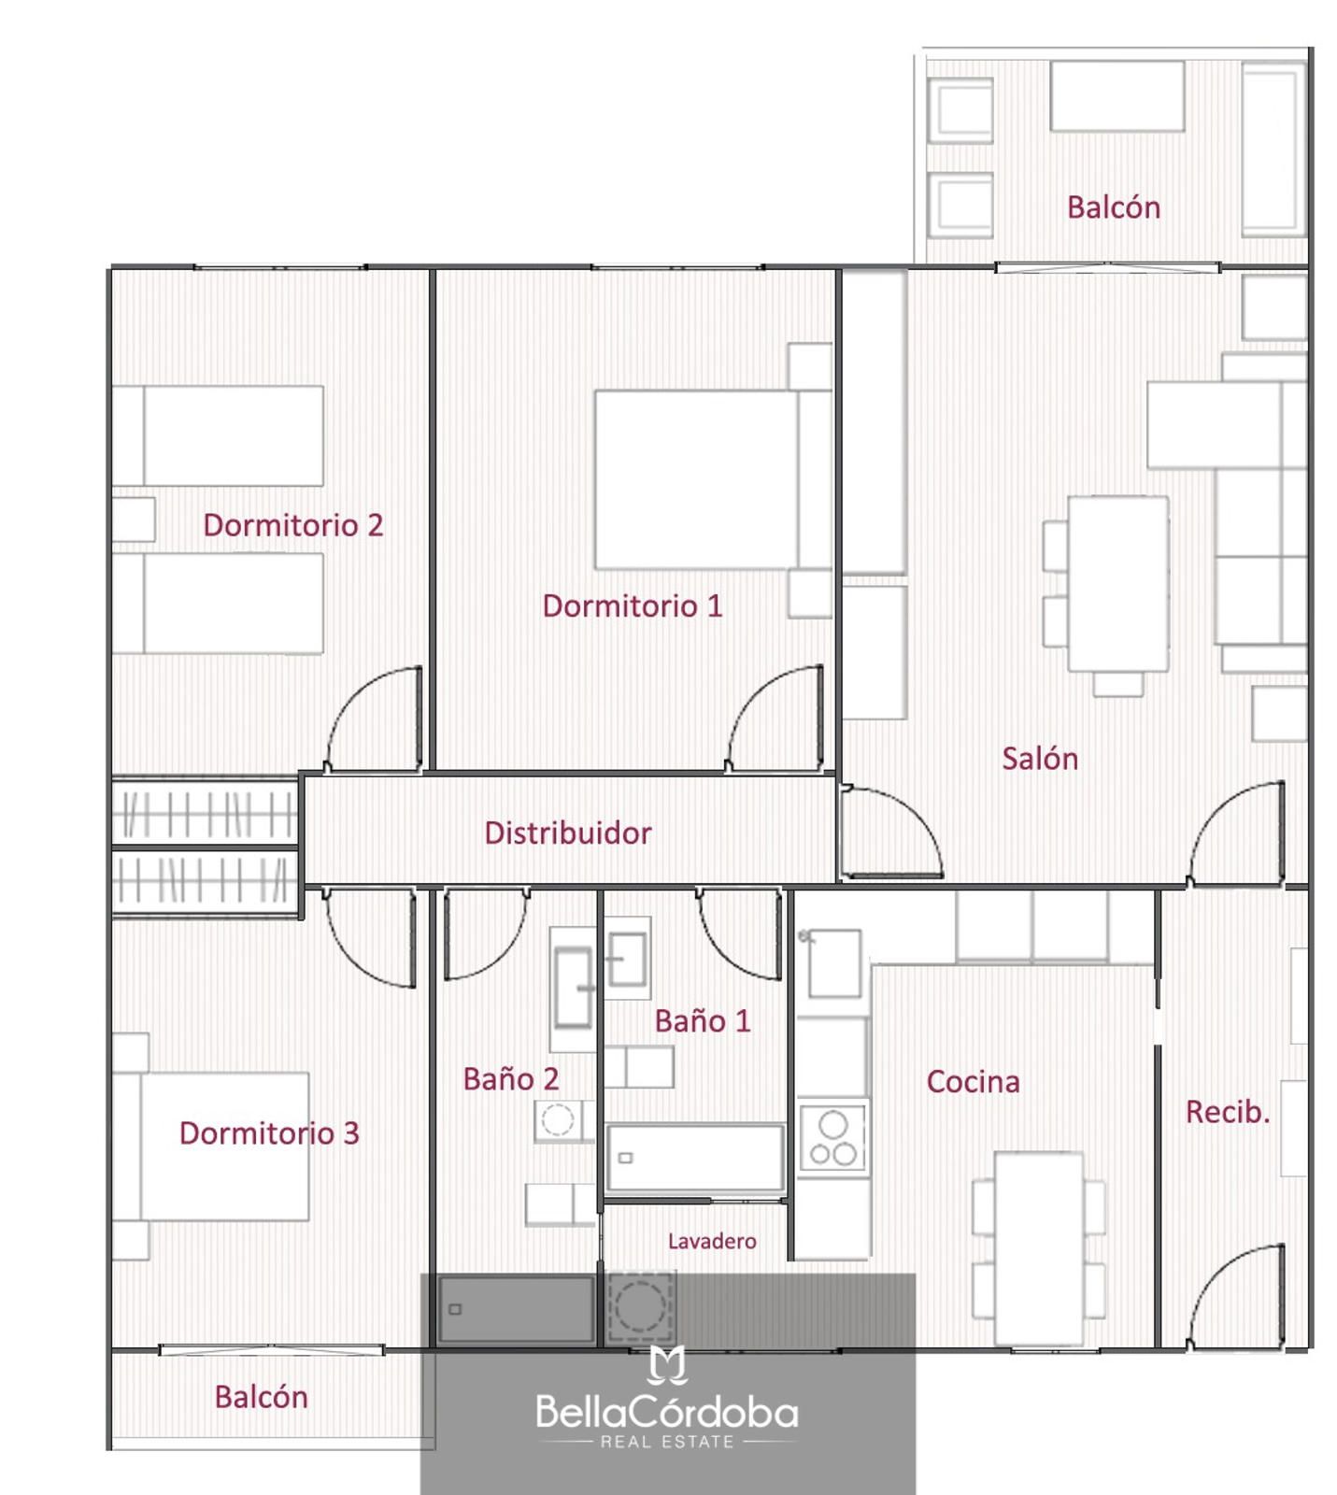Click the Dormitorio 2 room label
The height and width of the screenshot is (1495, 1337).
[293, 525]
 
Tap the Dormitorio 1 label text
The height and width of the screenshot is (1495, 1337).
[633, 606]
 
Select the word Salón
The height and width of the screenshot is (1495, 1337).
[1040, 758]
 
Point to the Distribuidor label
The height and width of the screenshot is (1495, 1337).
[568, 833]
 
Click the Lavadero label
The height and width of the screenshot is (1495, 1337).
[712, 1241]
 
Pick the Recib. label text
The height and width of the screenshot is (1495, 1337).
[1228, 1112]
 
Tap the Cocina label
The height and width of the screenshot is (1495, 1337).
[973, 1082]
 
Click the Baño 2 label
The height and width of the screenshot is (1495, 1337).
[511, 1079]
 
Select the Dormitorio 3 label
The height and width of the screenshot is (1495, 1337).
[269, 1133]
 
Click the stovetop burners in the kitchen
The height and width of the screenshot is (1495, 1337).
[832, 1137]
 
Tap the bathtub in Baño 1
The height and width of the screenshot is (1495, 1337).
[694, 1159]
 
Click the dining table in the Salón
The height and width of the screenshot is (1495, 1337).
[1118, 584]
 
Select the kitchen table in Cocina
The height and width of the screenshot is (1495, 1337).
[1039, 1248]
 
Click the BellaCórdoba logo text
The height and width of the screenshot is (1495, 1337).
[667, 1412]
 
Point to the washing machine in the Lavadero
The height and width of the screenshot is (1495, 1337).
[641, 1306]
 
